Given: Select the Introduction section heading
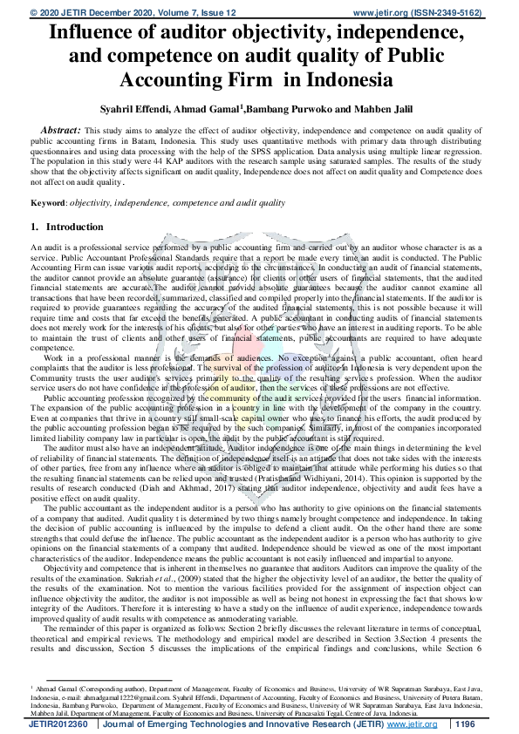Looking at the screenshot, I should pos(73,227).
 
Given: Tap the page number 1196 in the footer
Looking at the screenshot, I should pos(467,724).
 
